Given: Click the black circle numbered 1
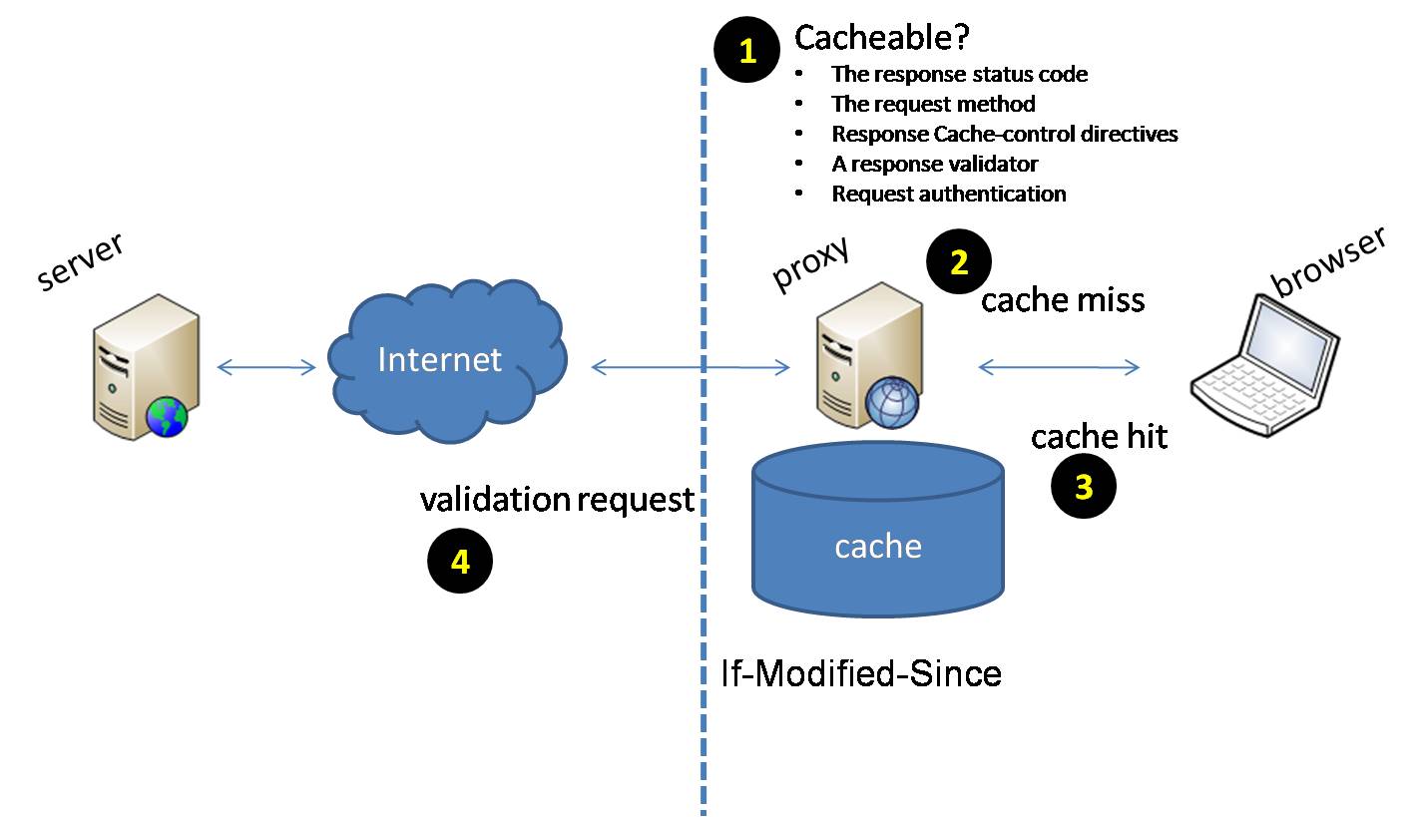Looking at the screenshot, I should click(x=747, y=51).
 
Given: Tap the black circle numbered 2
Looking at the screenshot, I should click(x=959, y=262).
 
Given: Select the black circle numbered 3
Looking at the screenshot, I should click(x=1084, y=487).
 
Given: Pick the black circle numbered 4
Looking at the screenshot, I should click(x=460, y=562).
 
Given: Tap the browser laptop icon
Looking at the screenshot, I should click(x=1266, y=364).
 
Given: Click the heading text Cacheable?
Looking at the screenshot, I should click(x=882, y=38).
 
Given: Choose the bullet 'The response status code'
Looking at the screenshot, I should click(x=959, y=75).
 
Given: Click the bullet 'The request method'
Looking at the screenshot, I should click(x=933, y=105).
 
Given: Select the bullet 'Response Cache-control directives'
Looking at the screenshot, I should click(x=1004, y=135).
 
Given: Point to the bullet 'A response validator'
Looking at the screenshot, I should click(x=935, y=165).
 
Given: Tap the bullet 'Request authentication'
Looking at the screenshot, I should click(x=948, y=195).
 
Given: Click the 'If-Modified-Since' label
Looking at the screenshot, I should click(x=861, y=674).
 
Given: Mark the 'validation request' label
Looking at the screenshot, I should click(x=557, y=499).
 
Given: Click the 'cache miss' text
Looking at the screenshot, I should click(x=1063, y=300).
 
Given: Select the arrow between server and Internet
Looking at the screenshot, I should click(x=266, y=368).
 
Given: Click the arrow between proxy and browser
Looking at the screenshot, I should click(x=1059, y=368).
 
